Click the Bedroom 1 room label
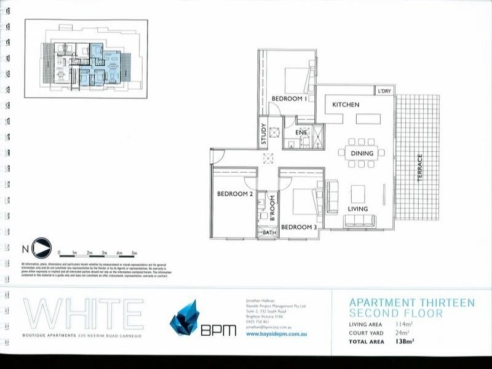click(289, 98)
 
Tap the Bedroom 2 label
click(235, 194)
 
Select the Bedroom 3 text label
click(299, 228)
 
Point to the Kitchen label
click(346, 105)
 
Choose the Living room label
click(357, 209)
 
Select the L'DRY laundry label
click(384, 92)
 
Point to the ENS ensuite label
click(301, 132)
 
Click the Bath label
click(269, 232)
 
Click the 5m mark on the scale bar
click(134, 253)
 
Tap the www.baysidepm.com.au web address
click(272, 334)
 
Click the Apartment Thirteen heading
click(411, 302)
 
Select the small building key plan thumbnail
click(86, 60)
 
